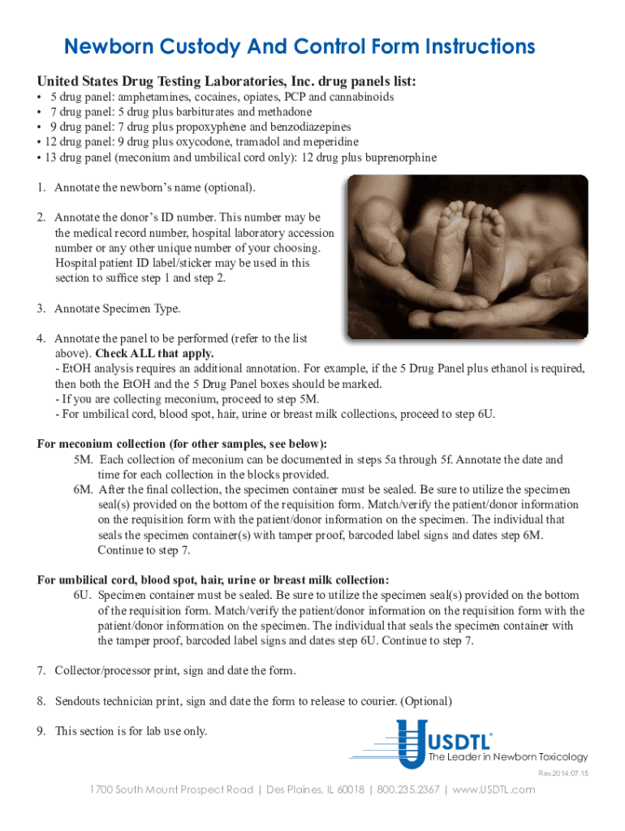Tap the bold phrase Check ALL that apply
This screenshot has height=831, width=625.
click(x=155, y=354)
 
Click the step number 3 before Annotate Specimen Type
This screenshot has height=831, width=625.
click(x=40, y=308)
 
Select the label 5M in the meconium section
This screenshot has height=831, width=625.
click(x=84, y=460)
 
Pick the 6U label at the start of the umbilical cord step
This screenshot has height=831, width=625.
click(x=82, y=596)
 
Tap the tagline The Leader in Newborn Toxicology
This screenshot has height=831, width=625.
click(x=507, y=757)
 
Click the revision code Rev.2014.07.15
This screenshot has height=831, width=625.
click(x=563, y=773)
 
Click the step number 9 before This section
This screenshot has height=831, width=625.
click(x=40, y=731)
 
